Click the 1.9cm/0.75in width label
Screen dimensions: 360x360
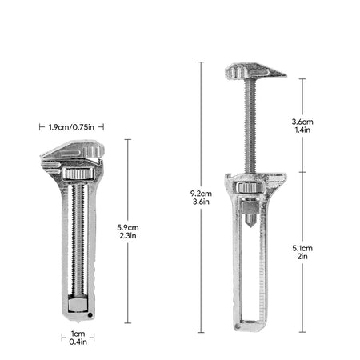pyautogui.click(x=71, y=127)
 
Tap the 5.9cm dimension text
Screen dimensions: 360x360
pyautogui.click(x=128, y=227)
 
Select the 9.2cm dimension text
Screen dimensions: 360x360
pyautogui.click(x=201, y=194)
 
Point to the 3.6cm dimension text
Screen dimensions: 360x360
pyautogui.click(x=302, y=122)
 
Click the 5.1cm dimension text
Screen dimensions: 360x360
pyautogui.click(x=302, y=248)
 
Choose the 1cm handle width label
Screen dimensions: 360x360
pyautogui.click(x=78, y=334)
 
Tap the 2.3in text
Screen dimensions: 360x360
pyautogui.click(x=128, y=236)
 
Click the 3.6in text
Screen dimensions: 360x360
pyautogui.click(x=201, y=202)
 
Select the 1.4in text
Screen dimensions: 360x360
pyautogui.click(x=302, y=130)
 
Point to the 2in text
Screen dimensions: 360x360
pyautogui.click(x=302, y=257)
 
